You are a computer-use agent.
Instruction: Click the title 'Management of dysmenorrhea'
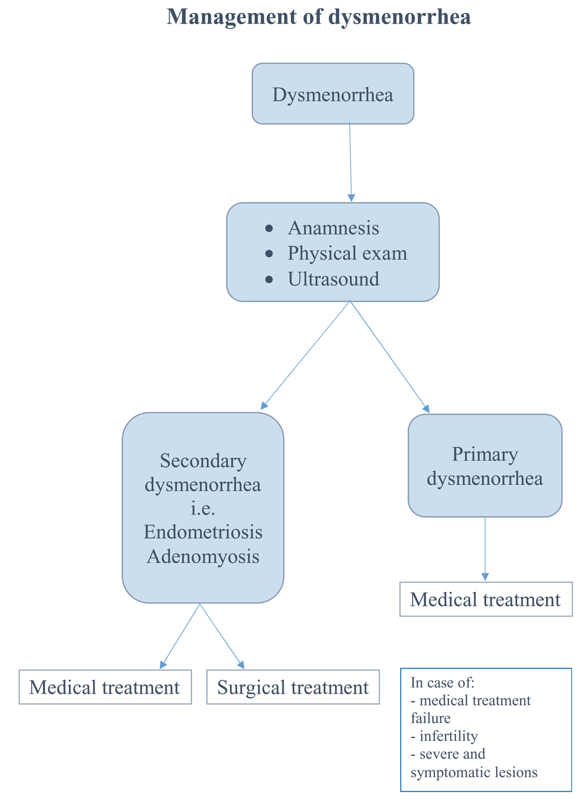319,17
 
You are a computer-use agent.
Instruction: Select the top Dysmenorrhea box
333,94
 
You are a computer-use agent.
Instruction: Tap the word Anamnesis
333,228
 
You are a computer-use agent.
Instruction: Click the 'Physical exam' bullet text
347,253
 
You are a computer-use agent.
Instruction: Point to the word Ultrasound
333,279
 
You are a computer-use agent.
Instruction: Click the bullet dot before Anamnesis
269,228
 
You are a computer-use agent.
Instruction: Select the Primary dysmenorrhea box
485,466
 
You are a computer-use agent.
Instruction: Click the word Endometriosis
203,532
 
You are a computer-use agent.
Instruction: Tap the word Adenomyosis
203,557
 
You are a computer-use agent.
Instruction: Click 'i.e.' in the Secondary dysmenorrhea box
203,508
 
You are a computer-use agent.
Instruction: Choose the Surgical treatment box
293,687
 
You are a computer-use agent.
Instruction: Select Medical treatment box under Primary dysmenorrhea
485,599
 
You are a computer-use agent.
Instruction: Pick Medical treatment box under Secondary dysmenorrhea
104,687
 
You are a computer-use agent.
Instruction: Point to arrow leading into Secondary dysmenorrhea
305,355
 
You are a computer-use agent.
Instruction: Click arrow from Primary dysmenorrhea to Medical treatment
485,549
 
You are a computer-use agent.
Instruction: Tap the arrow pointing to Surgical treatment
222,636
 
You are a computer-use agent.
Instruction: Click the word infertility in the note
448,736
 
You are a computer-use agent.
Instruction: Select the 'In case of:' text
443,683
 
